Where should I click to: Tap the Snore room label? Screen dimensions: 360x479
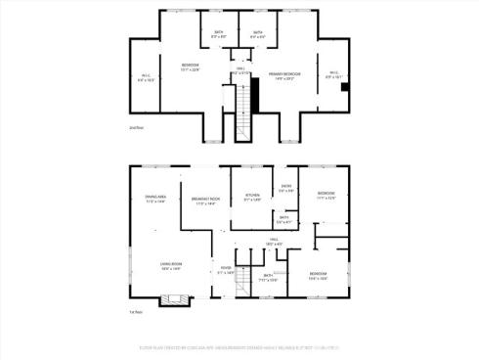point(286,188)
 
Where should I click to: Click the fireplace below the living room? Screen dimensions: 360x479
point(174,300)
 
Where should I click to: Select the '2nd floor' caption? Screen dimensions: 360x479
point(136,127)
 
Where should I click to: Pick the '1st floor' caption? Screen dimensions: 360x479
point(136,312)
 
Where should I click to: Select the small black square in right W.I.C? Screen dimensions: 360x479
point(344,86)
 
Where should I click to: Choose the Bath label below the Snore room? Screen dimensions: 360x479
point(284,220)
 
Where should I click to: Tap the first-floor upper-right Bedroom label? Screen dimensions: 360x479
point(326,196)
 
